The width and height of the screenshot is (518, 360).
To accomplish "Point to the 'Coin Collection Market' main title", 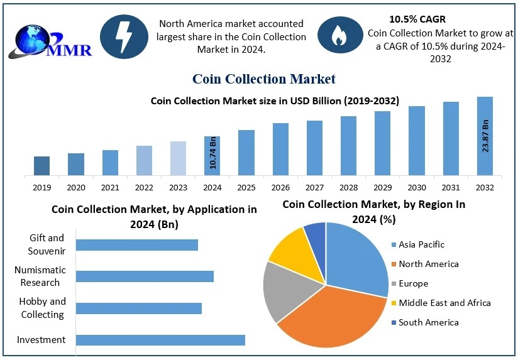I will click(263, 79).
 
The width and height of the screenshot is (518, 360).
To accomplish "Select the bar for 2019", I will click(41, 166).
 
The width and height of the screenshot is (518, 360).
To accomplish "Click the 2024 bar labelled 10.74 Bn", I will click(212, 156).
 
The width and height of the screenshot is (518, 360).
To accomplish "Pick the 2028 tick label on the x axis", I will click(348, 187).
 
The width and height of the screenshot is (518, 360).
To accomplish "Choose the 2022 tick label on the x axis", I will click(144, 187).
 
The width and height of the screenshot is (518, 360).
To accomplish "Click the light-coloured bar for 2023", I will click(178, 158).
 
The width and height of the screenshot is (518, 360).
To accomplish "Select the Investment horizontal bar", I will click(160, 340).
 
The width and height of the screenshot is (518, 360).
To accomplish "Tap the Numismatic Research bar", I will click(145, 276).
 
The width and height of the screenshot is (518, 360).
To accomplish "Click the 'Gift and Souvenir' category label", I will click(47, 244).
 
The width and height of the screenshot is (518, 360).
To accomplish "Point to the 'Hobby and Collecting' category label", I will click(42, 308).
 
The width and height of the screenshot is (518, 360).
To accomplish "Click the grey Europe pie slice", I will click(286, 290).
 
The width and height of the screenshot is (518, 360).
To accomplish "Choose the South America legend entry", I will click(427, 322).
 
